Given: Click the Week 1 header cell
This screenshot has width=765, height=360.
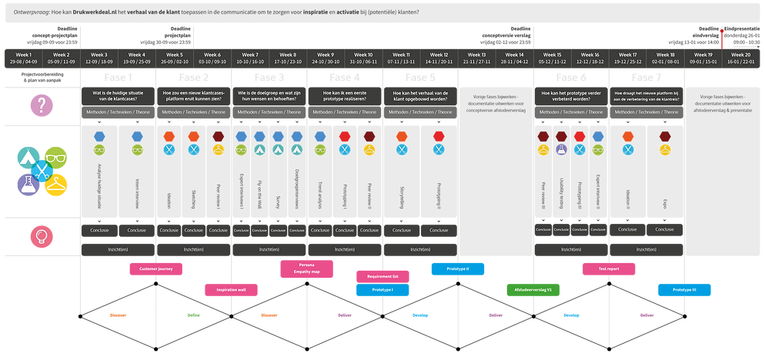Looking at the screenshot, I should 23,59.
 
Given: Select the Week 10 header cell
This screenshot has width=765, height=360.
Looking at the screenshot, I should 364,59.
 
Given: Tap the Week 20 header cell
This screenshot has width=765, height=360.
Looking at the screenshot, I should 742,59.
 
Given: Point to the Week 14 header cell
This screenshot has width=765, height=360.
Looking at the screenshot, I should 515,59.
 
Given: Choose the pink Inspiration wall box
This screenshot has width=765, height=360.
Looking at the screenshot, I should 231,289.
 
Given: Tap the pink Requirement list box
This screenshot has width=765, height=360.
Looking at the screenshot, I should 382,275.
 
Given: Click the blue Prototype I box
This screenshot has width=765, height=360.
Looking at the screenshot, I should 382,290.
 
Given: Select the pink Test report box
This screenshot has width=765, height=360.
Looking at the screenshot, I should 609,268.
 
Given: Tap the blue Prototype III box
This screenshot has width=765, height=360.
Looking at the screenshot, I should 684,289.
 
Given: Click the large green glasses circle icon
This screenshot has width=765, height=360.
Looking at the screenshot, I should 55,158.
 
